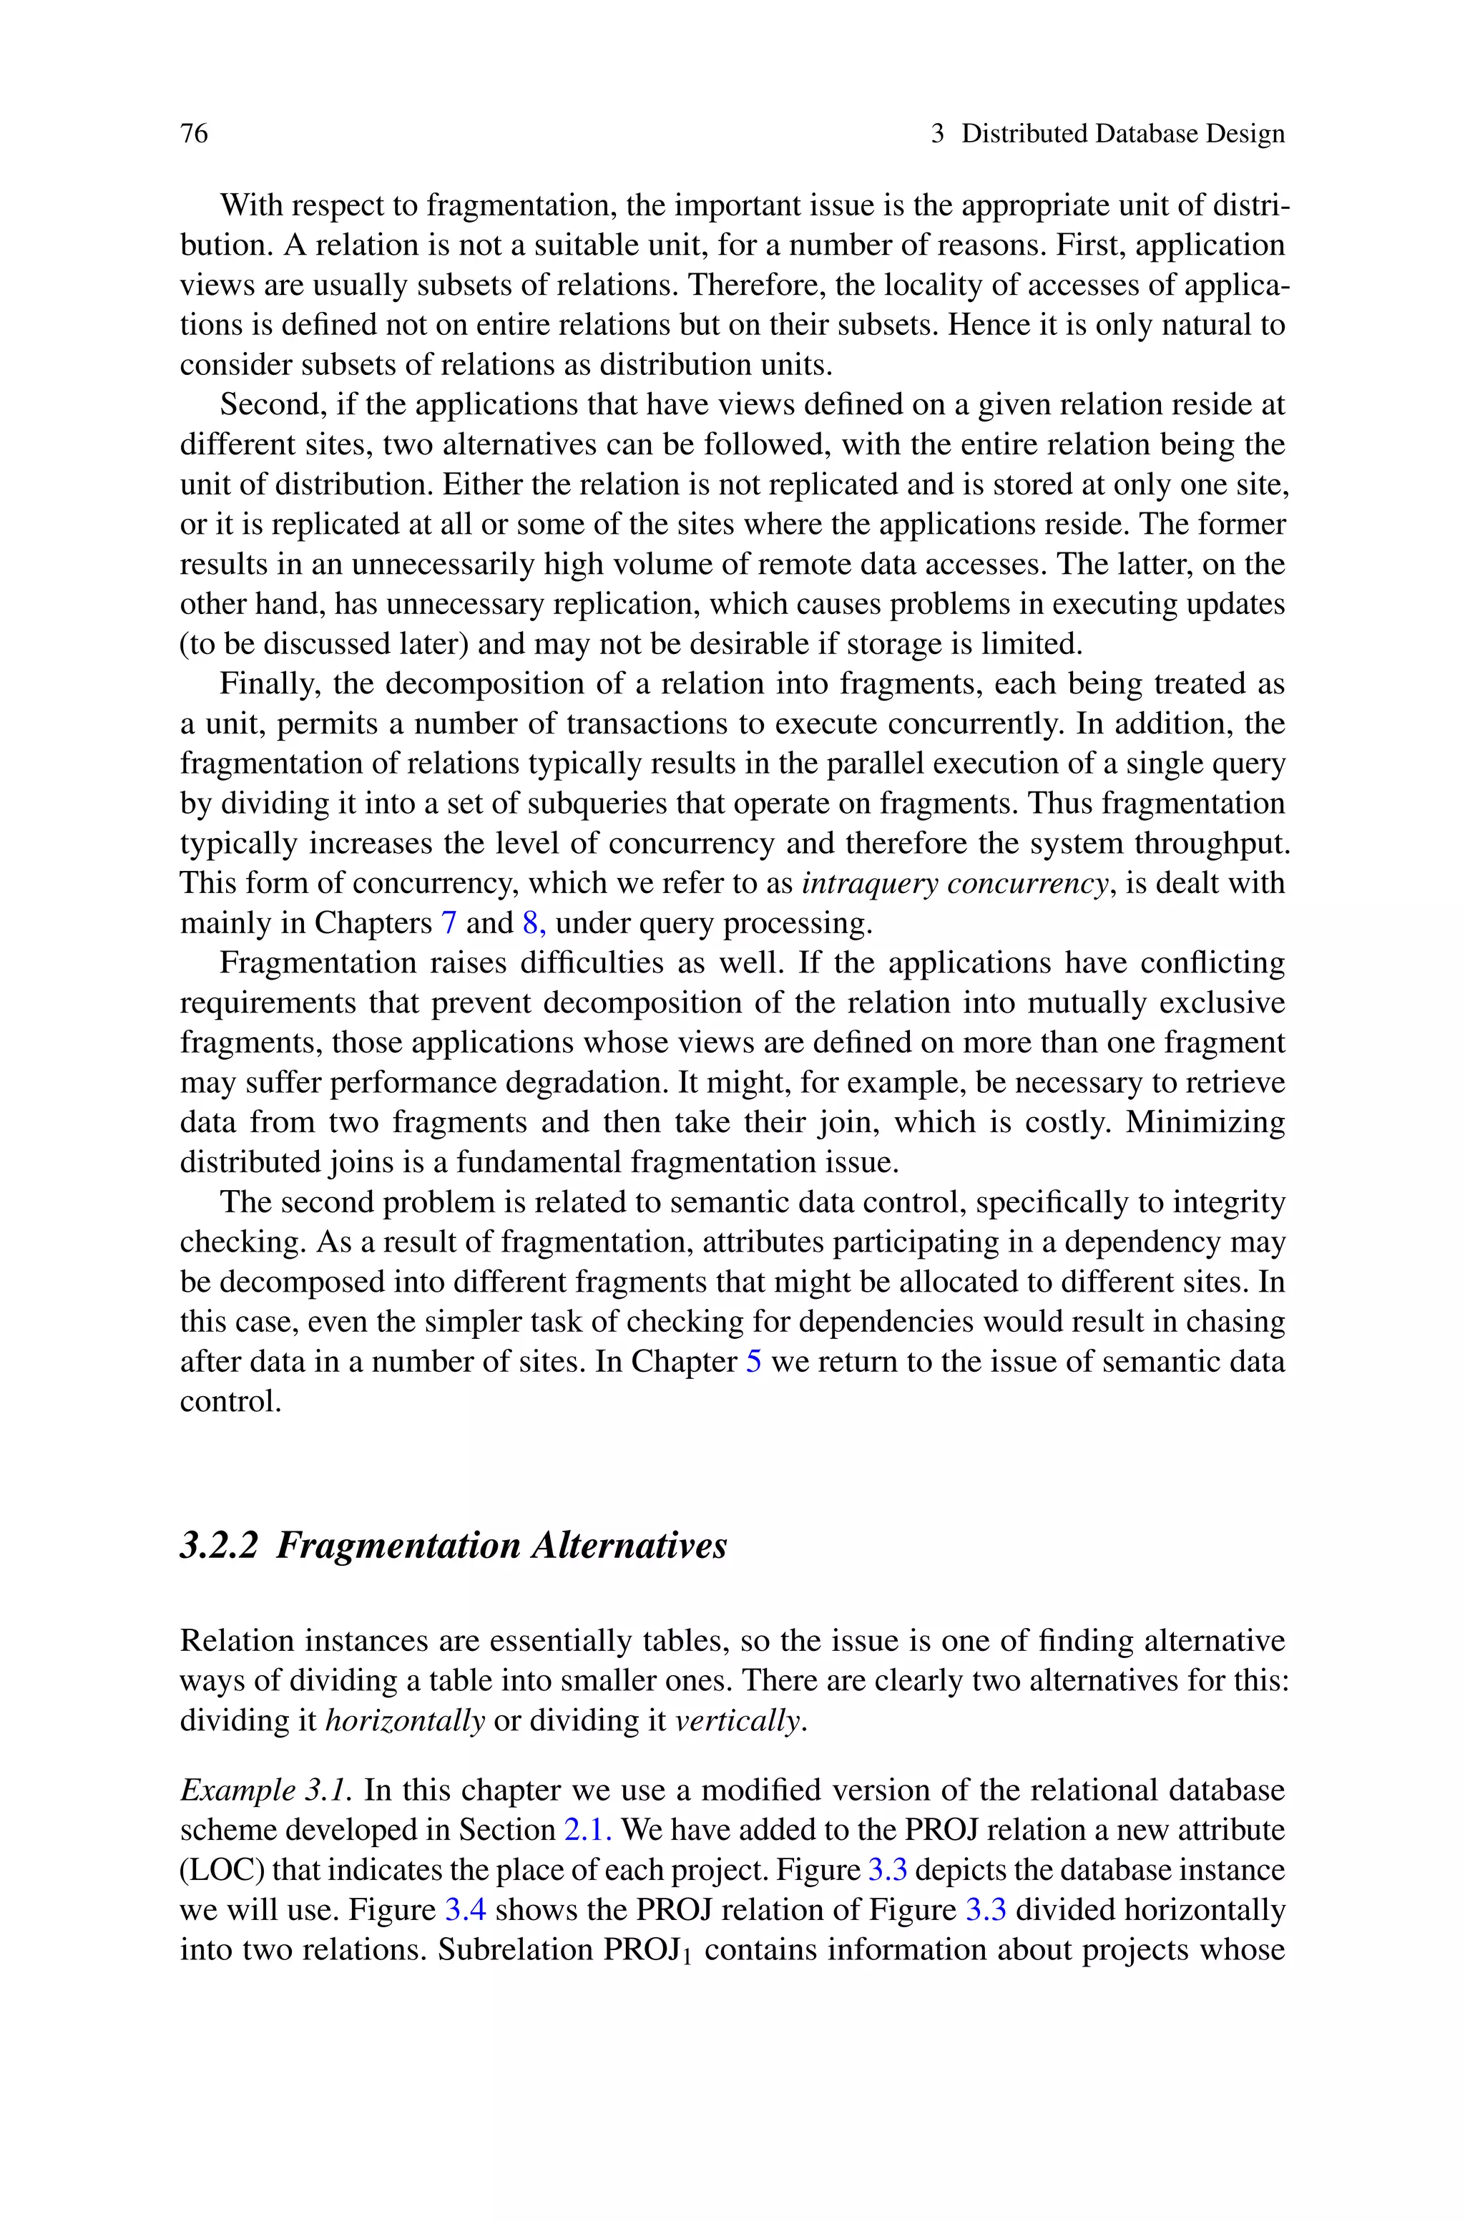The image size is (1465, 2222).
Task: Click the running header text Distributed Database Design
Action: click(1122, 135)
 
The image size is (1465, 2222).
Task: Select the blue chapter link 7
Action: click(449, 923)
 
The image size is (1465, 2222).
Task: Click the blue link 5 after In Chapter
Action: click(753, 1361)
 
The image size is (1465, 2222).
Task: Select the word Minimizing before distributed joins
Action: click(1205, 1122)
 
